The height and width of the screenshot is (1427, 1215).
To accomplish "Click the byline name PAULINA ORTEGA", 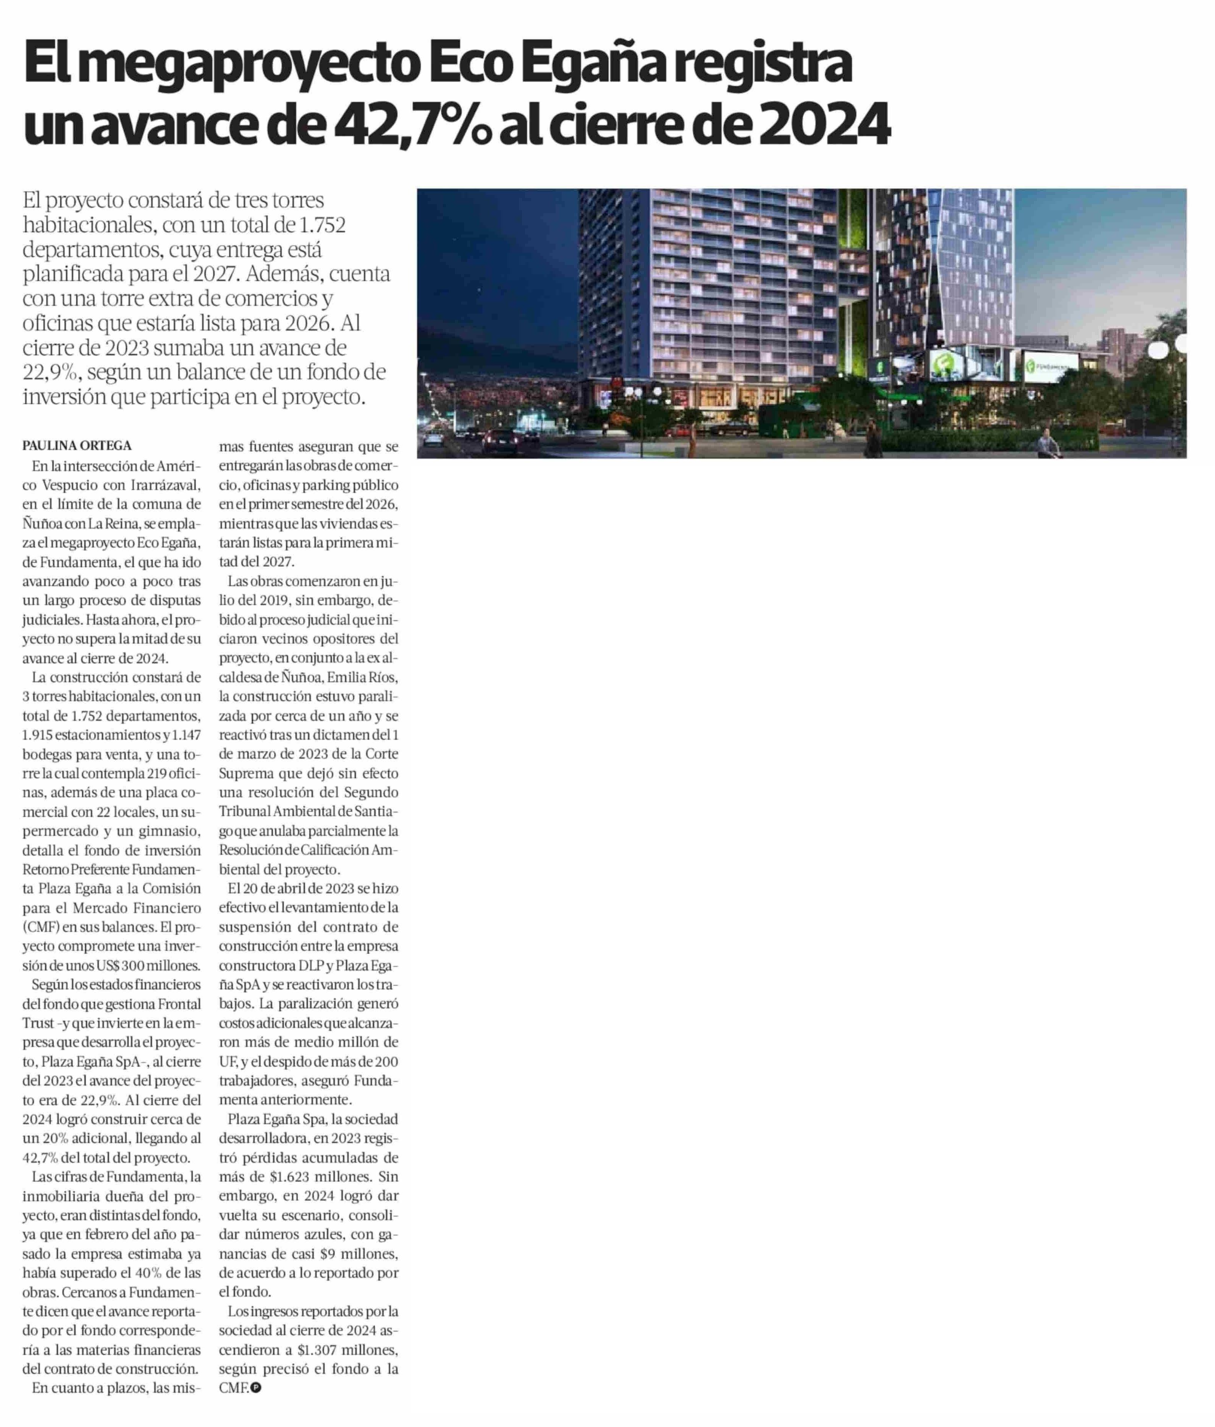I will pos(77,445).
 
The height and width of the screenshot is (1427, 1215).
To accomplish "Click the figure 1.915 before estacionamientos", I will pos(39,735).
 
